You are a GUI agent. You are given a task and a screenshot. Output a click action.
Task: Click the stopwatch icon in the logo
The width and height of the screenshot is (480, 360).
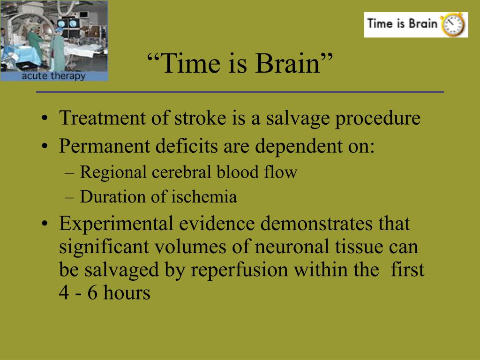[x=453, y=25]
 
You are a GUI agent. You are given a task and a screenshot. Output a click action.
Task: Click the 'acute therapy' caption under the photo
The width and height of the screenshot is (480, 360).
[x=53, y=76]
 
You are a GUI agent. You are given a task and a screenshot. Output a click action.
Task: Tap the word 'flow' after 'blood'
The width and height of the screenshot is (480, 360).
[x=281, y=172]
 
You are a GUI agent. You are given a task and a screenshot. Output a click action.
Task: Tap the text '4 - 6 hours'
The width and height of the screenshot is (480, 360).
[x=104, y=293]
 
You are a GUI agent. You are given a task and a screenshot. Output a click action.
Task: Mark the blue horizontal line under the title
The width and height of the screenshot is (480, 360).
[x=240, y=92]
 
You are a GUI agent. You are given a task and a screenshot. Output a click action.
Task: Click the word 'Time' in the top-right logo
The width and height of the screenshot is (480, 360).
[x=380, y=23]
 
